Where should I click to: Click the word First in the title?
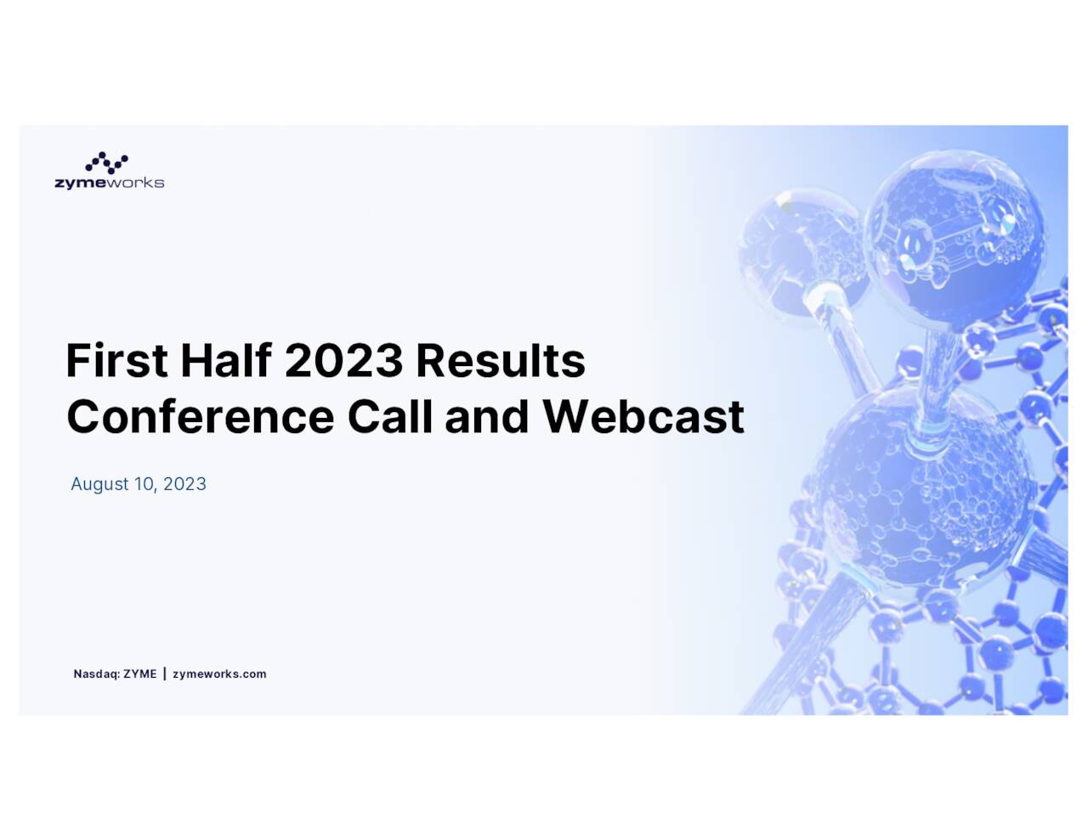[117, 361]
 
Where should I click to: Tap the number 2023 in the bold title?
[343, 361]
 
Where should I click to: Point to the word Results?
[500, 361]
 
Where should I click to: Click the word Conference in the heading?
[201, 417]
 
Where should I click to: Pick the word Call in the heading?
[390, 417]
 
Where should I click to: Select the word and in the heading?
[487, 417]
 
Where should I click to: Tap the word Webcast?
[643, 417]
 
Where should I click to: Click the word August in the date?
[99, 484]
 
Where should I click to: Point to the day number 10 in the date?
[144, 484]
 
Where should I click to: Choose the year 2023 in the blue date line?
[184, 484]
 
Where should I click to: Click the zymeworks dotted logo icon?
[107, 163]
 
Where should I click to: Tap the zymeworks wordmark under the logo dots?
[109, 183]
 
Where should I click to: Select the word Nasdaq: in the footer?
[96, 674]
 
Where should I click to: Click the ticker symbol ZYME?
[140, 674]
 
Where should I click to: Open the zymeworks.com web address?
[219, 674]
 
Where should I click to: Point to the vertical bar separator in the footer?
[164, 674]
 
